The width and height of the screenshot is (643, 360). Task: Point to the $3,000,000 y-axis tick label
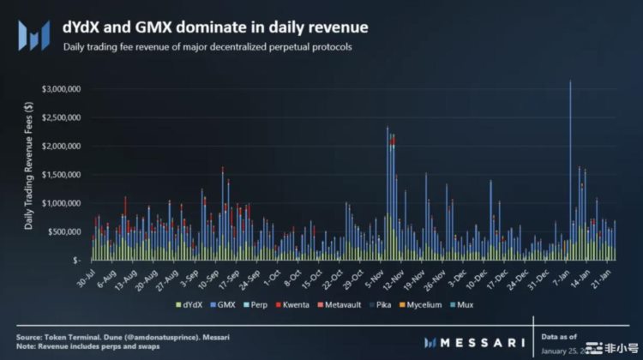click(x=62, y=89)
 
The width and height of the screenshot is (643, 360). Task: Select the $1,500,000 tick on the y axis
click(x=62, y=175)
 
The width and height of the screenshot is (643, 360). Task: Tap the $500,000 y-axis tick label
click(x=65, y=231)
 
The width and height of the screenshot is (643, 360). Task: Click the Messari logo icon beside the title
click(x=34, y=35)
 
